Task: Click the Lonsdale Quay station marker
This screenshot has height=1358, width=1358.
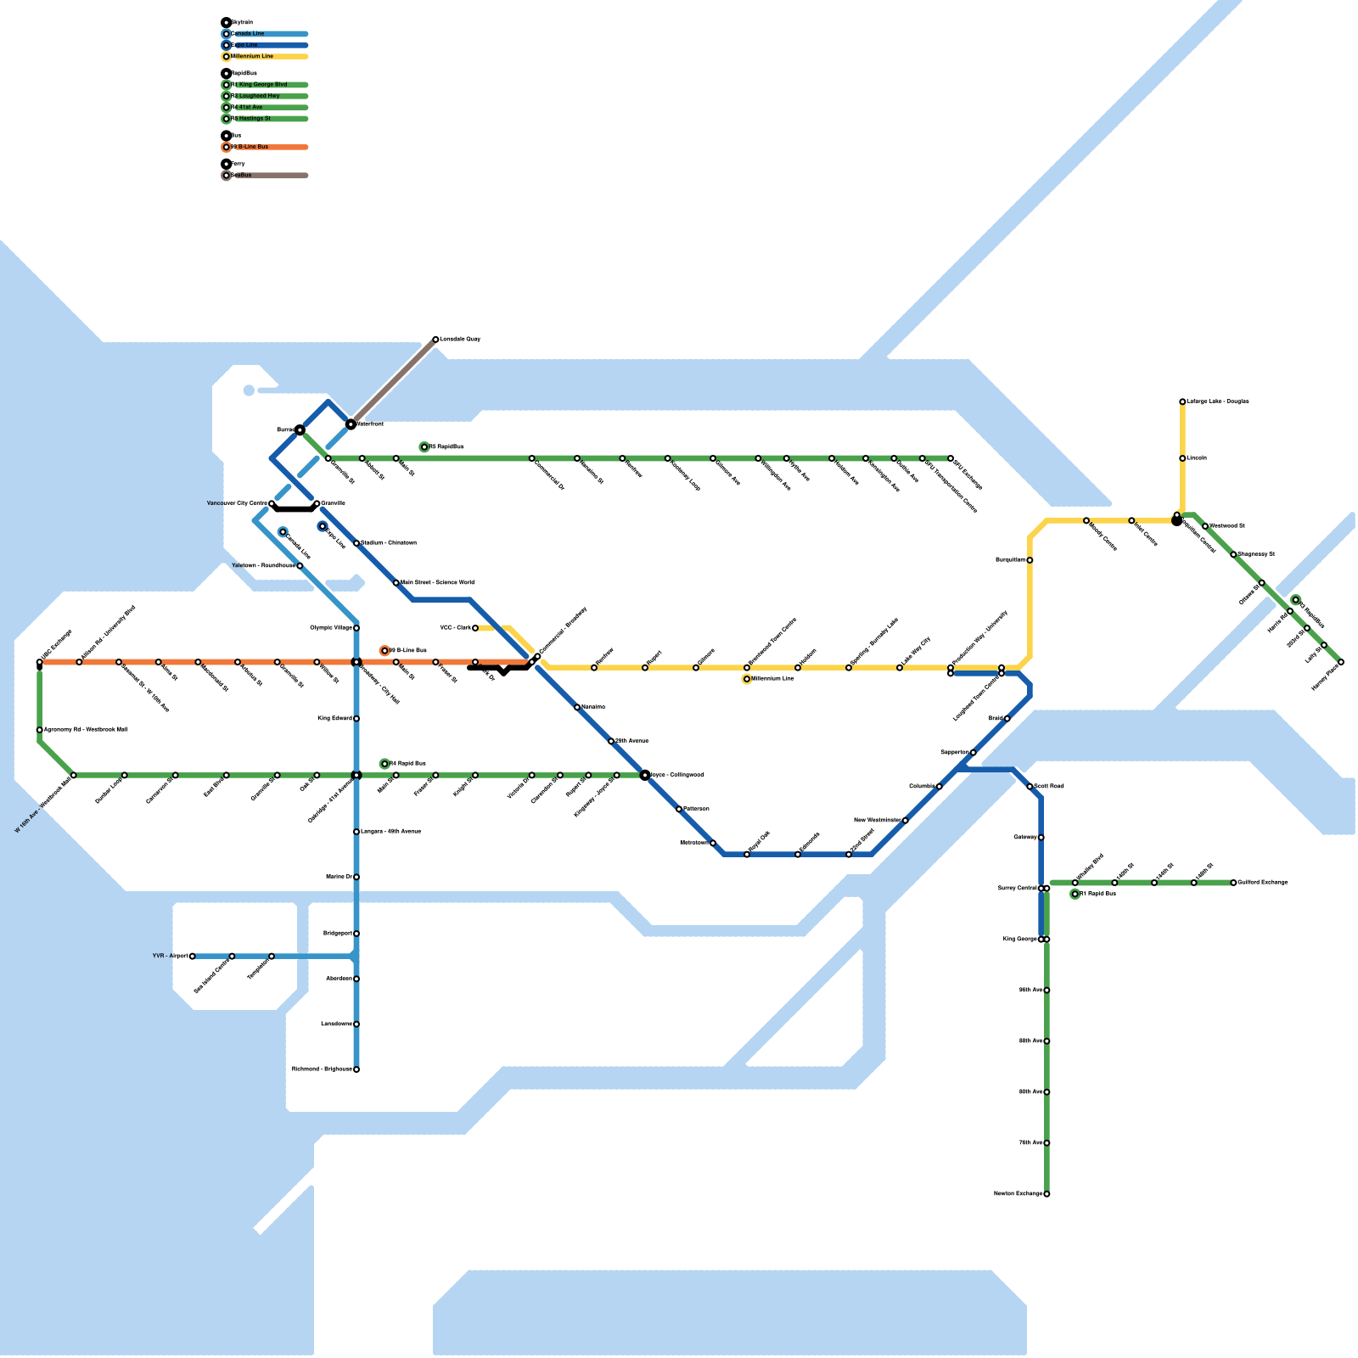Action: coord(435,339)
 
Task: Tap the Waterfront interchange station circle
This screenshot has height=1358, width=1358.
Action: coord(351,424)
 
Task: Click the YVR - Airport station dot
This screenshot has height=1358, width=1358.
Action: coord(193,957)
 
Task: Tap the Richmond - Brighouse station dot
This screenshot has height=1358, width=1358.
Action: coord(356,1069)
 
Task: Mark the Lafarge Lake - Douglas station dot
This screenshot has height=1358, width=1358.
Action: coord(1182,401)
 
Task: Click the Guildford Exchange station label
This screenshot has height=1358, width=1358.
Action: coord(1263,883)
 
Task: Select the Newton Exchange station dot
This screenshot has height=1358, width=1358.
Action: coord(1047,1194)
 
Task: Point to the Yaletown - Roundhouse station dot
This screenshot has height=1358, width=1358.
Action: coord(300,566)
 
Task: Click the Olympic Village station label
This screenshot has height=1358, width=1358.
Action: coord(331,628)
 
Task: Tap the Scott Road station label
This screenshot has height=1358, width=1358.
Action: coord(1049,787)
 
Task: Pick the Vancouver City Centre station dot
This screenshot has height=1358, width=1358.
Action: coord(272,504)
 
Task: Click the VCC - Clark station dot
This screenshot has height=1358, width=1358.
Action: coord(475,628)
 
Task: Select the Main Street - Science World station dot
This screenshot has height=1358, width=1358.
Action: coord(396,583)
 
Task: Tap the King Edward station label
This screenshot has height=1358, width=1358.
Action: coord(334,719)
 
